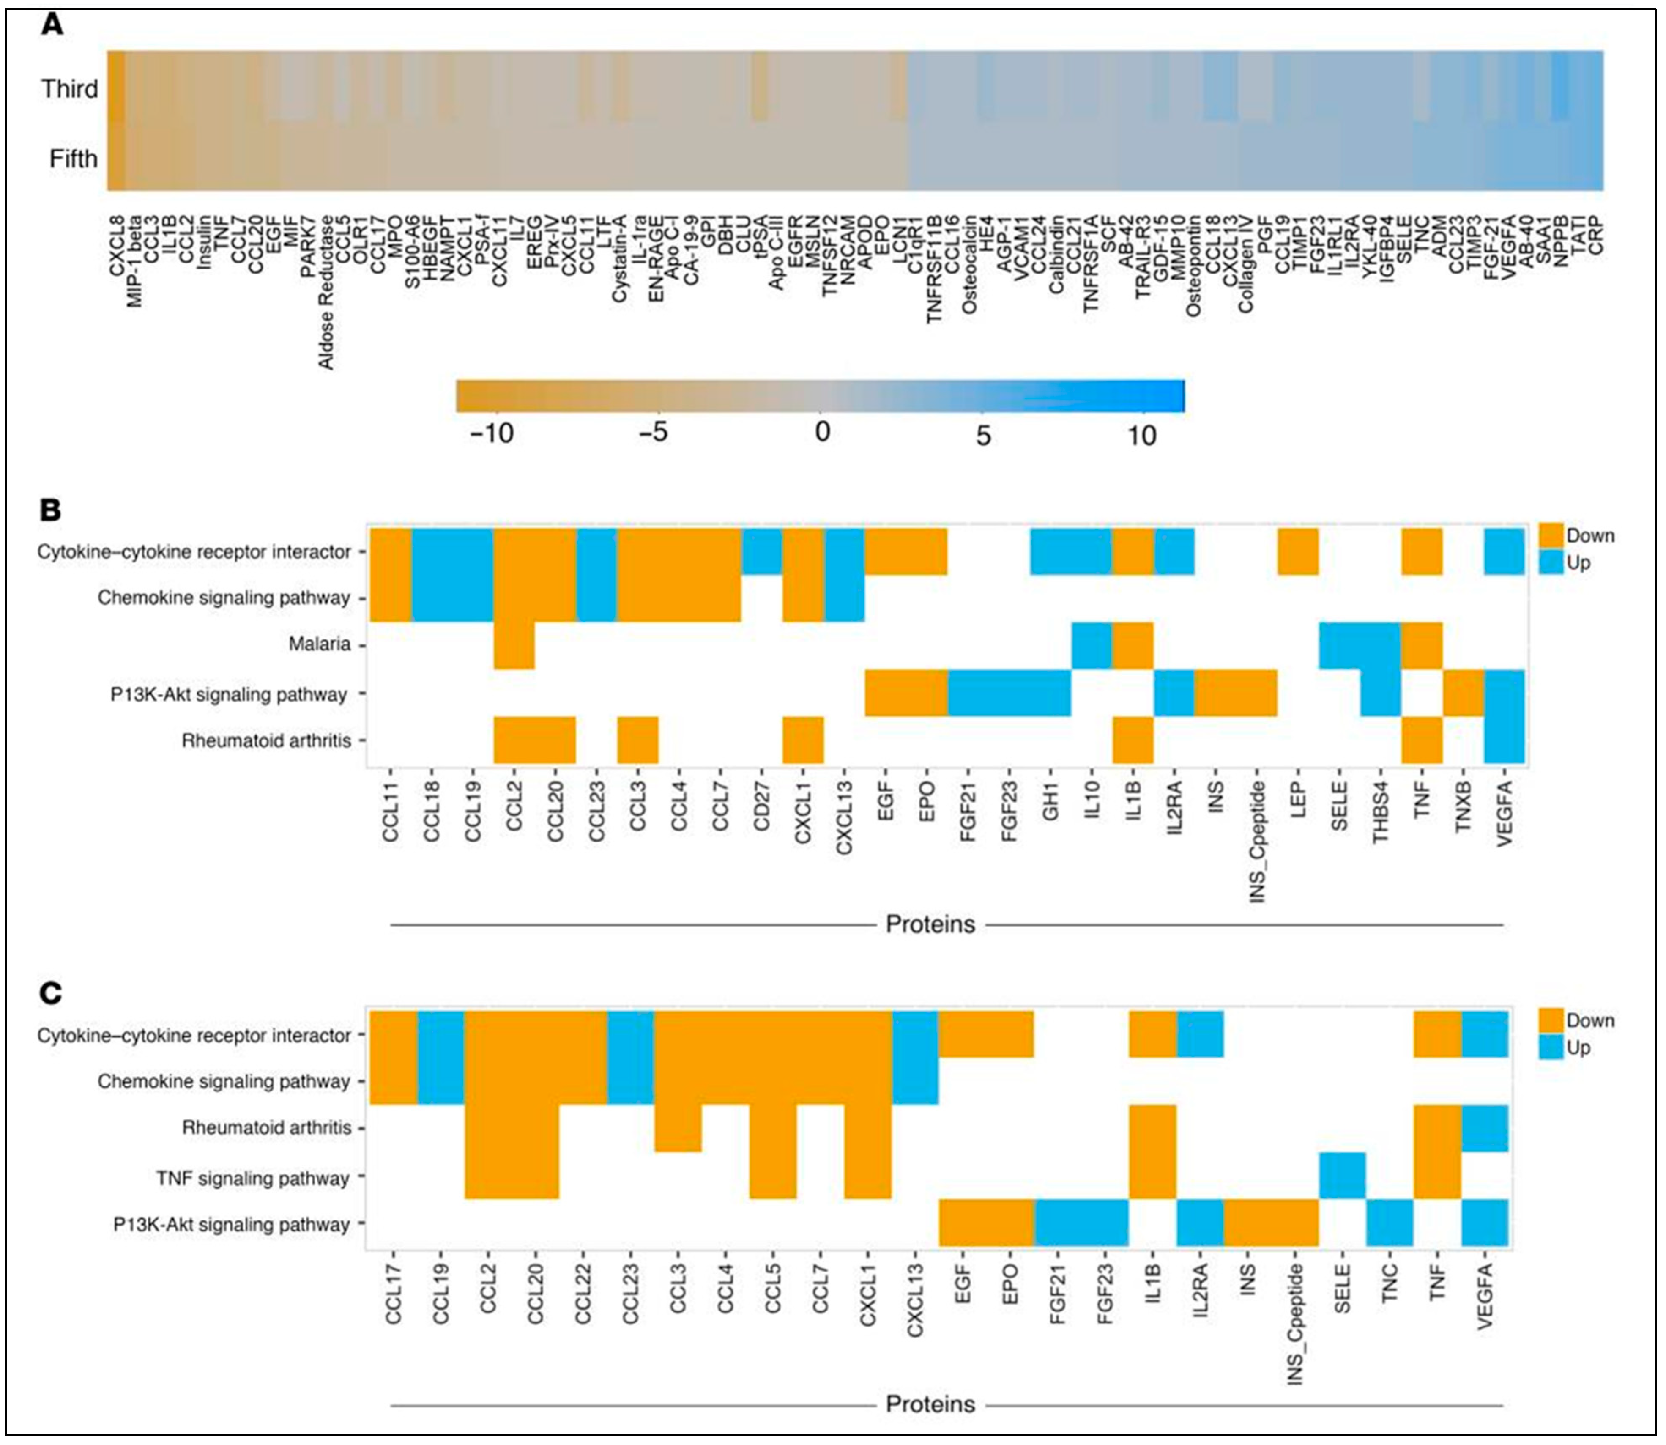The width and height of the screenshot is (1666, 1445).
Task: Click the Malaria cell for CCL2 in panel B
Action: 514,645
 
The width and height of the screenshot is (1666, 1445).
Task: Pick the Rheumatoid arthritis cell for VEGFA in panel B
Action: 1504,740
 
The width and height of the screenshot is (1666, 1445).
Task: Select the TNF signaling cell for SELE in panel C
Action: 1341,1176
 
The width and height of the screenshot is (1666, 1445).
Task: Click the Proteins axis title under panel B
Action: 930,924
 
